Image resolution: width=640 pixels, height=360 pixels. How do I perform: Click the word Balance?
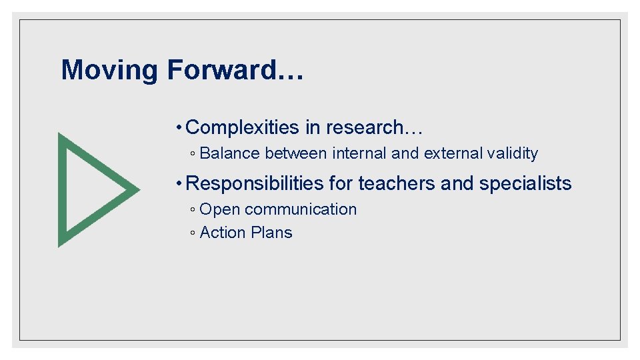(x=230, y=153)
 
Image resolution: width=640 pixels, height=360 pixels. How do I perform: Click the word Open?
(x=219, y=209)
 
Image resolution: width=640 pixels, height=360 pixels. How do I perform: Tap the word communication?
(x=301, y=209)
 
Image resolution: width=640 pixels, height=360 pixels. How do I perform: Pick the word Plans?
(x=271, y=233)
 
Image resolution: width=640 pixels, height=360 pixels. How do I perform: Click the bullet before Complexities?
(x=179, y=127)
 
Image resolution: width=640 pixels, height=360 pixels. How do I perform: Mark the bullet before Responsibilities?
(x=179, y=183)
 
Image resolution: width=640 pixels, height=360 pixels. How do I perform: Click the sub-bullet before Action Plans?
(x=192, y=233)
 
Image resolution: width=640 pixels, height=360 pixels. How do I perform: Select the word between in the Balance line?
(x=296, y=153)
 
